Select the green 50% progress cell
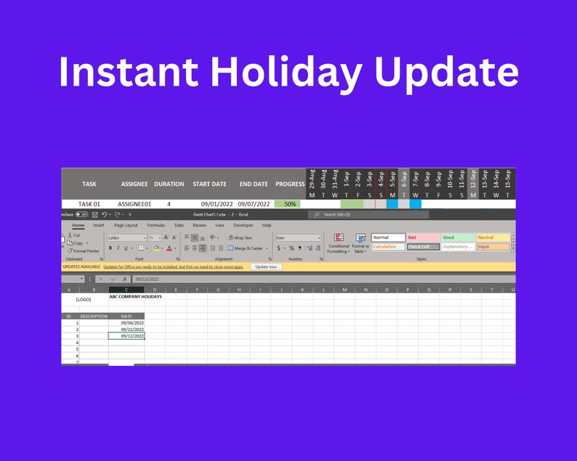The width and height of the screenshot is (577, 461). click(x=290, y=204)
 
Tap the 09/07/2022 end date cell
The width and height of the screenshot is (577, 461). click(x=254, y=204)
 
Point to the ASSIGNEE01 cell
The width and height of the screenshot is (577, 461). click(x=135, y=204)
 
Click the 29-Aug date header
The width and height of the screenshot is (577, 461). click(x=312, y=179)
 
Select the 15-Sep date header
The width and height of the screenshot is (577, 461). click(x=508, y=179)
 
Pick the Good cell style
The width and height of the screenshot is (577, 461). click(x=457, y=237)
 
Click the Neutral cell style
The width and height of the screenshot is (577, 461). click(x=492, y=237)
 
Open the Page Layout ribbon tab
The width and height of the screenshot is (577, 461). click(x=126, y=225)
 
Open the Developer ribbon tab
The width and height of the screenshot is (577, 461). click(x=243, y=225)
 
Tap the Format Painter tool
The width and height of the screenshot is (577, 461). click(x=85, y=250)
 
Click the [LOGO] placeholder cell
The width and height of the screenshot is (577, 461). click(x=84, y=300)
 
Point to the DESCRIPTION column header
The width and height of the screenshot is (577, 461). click(x=93, y=317)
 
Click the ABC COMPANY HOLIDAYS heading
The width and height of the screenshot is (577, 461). click(x=136, y=296)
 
